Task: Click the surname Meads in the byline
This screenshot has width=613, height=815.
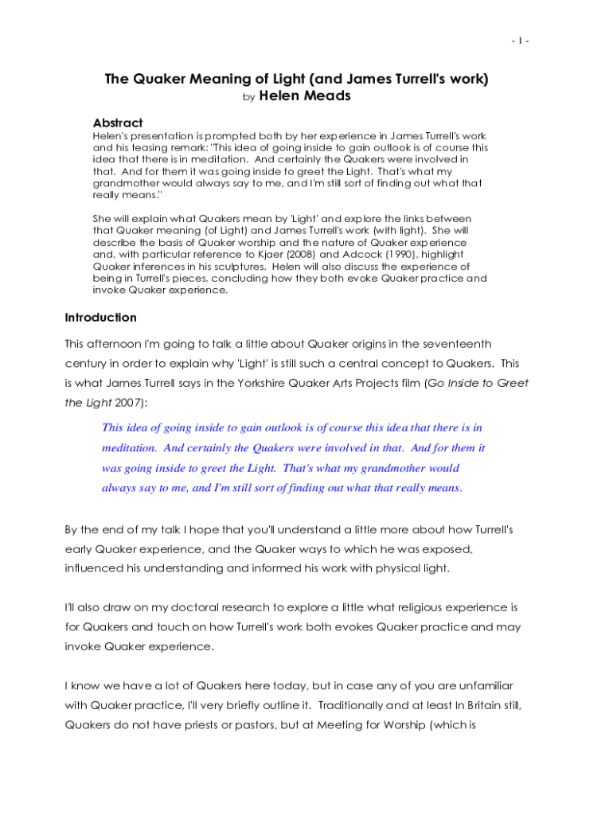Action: point(327,96)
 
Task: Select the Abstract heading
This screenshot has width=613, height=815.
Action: point(118,123)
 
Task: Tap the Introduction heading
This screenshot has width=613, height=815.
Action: point(100,318)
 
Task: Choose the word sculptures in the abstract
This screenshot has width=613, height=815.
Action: point(291,266)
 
